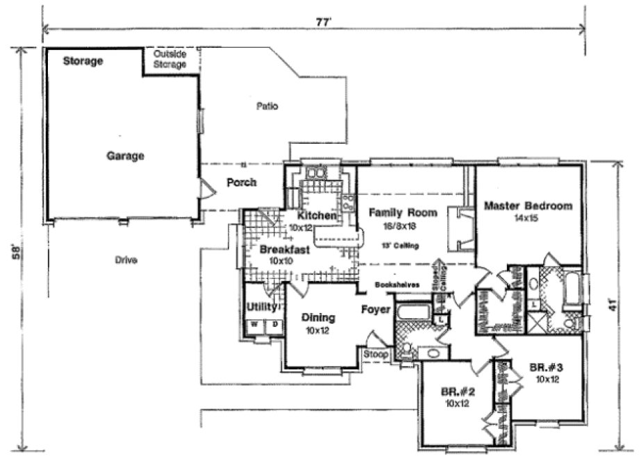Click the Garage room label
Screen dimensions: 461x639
[125, 156]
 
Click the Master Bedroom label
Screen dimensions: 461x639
[528, 206]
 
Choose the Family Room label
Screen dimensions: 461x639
[403, 212]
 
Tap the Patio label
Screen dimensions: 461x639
[267, 107]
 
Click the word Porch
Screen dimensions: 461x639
[242, 183]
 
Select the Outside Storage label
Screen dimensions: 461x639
[171, 59]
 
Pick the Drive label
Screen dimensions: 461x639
[126, 260]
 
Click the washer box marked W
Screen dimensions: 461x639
[254, 324]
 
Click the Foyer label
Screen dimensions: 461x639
[375, 310]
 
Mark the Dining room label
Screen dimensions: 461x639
[319, 318]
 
